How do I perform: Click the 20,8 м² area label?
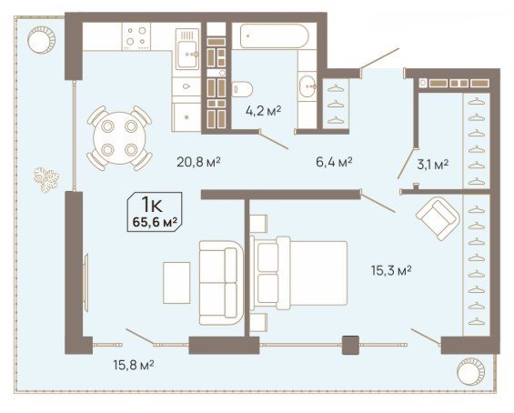coord(198,162)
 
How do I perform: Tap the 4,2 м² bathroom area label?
coord(263,111)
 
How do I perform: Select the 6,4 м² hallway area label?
coord(334,162)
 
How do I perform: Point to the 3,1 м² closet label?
coord(433,164)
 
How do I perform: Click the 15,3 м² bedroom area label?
coord(391,270)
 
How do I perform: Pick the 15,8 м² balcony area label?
coord(134,365)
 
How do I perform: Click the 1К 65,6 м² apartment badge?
coord(155,212)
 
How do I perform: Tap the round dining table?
coord(119,138)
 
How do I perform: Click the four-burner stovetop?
coord(136,36)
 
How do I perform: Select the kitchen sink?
coord(187,49)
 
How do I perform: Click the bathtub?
coord(274,36)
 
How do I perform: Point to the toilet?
coord(242,89)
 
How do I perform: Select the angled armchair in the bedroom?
coord(438,218)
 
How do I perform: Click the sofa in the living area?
coord(221,283)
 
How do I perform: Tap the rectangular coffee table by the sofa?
coord(176,283)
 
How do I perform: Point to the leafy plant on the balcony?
coord(46,179)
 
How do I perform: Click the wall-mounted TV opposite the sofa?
coord(86,279)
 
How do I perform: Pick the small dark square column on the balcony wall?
coord(350,345)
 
